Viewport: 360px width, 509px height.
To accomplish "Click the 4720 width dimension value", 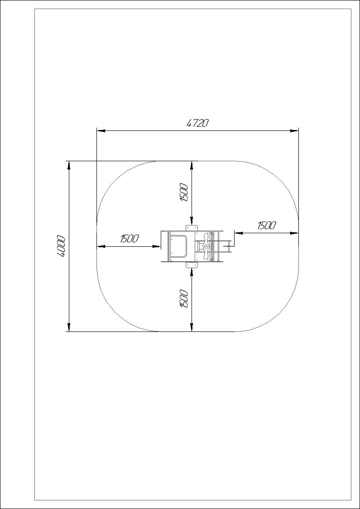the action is (197, 123).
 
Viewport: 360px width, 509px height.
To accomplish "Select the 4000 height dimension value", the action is (61, 246).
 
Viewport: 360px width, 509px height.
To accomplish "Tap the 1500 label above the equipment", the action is (184, 192).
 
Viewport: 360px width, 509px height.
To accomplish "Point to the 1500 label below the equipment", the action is (184, 298).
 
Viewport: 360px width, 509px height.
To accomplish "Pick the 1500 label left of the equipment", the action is (130, 239).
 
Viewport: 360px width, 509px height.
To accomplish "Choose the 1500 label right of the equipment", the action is (267, 225).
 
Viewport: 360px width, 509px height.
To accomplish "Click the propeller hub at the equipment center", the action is (206, 247).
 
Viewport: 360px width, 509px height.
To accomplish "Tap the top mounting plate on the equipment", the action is (192, 228).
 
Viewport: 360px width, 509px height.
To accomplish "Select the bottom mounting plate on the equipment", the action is (192, 265).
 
